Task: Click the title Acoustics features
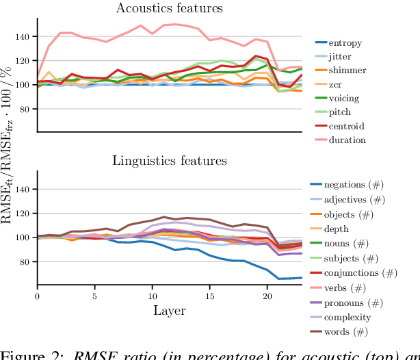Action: coord(169,8)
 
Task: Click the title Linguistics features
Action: coord(169,162)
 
